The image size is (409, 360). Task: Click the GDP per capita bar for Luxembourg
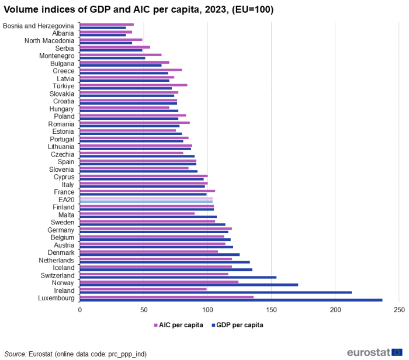[x=231, y=300]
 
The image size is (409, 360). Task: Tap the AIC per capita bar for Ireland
[x=143, y=289]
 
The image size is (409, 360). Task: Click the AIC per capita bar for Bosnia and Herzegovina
[x=106, y=25]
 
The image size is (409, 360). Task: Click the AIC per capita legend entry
[x=178, y=325]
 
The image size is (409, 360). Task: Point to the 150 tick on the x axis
[x=271, y=309]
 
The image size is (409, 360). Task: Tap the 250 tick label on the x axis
[x=399, y=309]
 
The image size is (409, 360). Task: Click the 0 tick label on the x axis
[x=79, y=309]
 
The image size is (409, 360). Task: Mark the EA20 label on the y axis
[x=67, y=200]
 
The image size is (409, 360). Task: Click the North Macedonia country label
[x=49, y=41]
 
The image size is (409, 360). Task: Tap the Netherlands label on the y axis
[x=56, y=260]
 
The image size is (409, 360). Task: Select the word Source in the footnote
[x=15, y=354]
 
